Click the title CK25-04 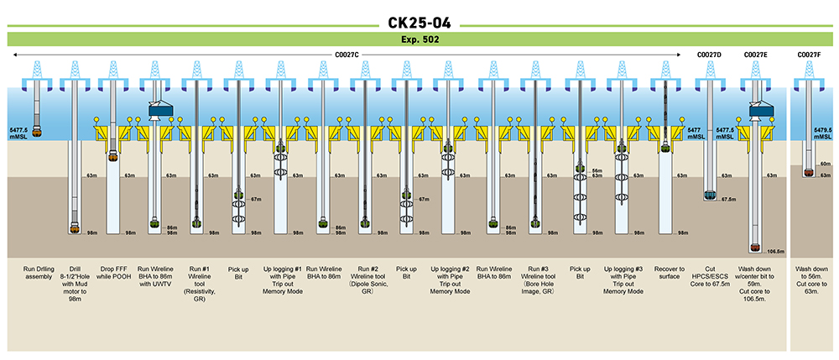[x=419, y=17]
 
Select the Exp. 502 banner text [x=419, y=39]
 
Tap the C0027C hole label [x=346, y=55]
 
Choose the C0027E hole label [x=756, y=55]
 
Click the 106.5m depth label [x=775, y=250]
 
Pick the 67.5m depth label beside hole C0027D [x=727, y=200]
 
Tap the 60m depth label [x=825, y=164]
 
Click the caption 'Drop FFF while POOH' [x=113, y=274]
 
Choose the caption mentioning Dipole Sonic [x=365, y=279]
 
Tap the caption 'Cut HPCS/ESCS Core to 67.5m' [x=710, y=279]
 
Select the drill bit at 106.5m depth [x=755, y=248]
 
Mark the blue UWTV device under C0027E [x=758, y=111]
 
